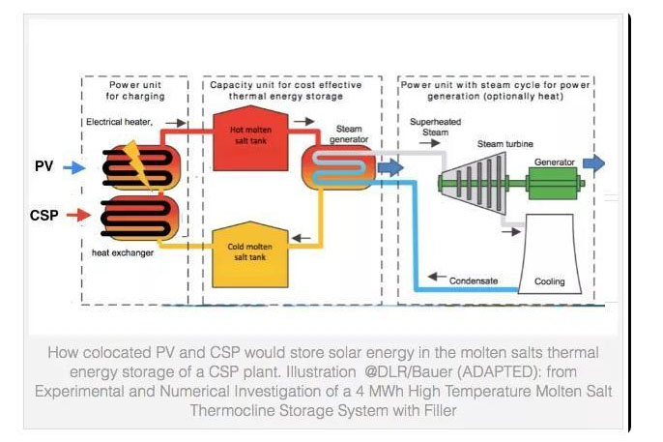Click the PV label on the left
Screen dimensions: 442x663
[x=43, y=166]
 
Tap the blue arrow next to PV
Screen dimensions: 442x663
[x=74, y=167]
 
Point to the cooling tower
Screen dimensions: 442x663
[x=548, y=253]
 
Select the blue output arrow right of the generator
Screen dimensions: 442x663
[x=593, y=163]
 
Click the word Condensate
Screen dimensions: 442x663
[x=475, y=281]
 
